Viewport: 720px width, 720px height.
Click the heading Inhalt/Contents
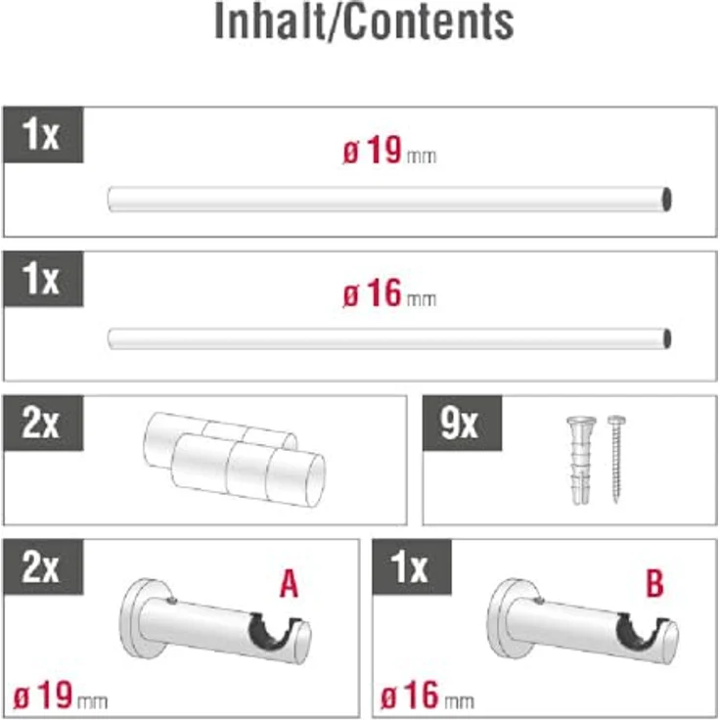364,22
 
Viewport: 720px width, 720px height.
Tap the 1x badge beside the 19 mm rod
43,135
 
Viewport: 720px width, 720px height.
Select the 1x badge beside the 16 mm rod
43,279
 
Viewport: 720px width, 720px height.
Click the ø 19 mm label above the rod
389,151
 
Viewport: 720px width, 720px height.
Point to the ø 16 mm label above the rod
389,293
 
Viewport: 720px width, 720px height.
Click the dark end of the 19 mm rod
666,200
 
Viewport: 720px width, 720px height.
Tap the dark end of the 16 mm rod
667,338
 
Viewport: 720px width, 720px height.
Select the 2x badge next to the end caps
43,423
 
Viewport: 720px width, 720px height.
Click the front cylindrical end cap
248,470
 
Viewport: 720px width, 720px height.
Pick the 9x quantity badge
462,423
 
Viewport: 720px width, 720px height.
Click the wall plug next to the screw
581,460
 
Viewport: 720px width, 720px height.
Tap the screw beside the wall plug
616,458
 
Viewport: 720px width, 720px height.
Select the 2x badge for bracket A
43,567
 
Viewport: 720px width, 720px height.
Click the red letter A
289,584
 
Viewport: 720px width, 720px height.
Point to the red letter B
654,584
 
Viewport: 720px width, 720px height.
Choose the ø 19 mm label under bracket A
61,697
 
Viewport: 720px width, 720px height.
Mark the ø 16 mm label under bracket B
427,697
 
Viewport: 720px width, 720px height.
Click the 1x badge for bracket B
412,567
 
